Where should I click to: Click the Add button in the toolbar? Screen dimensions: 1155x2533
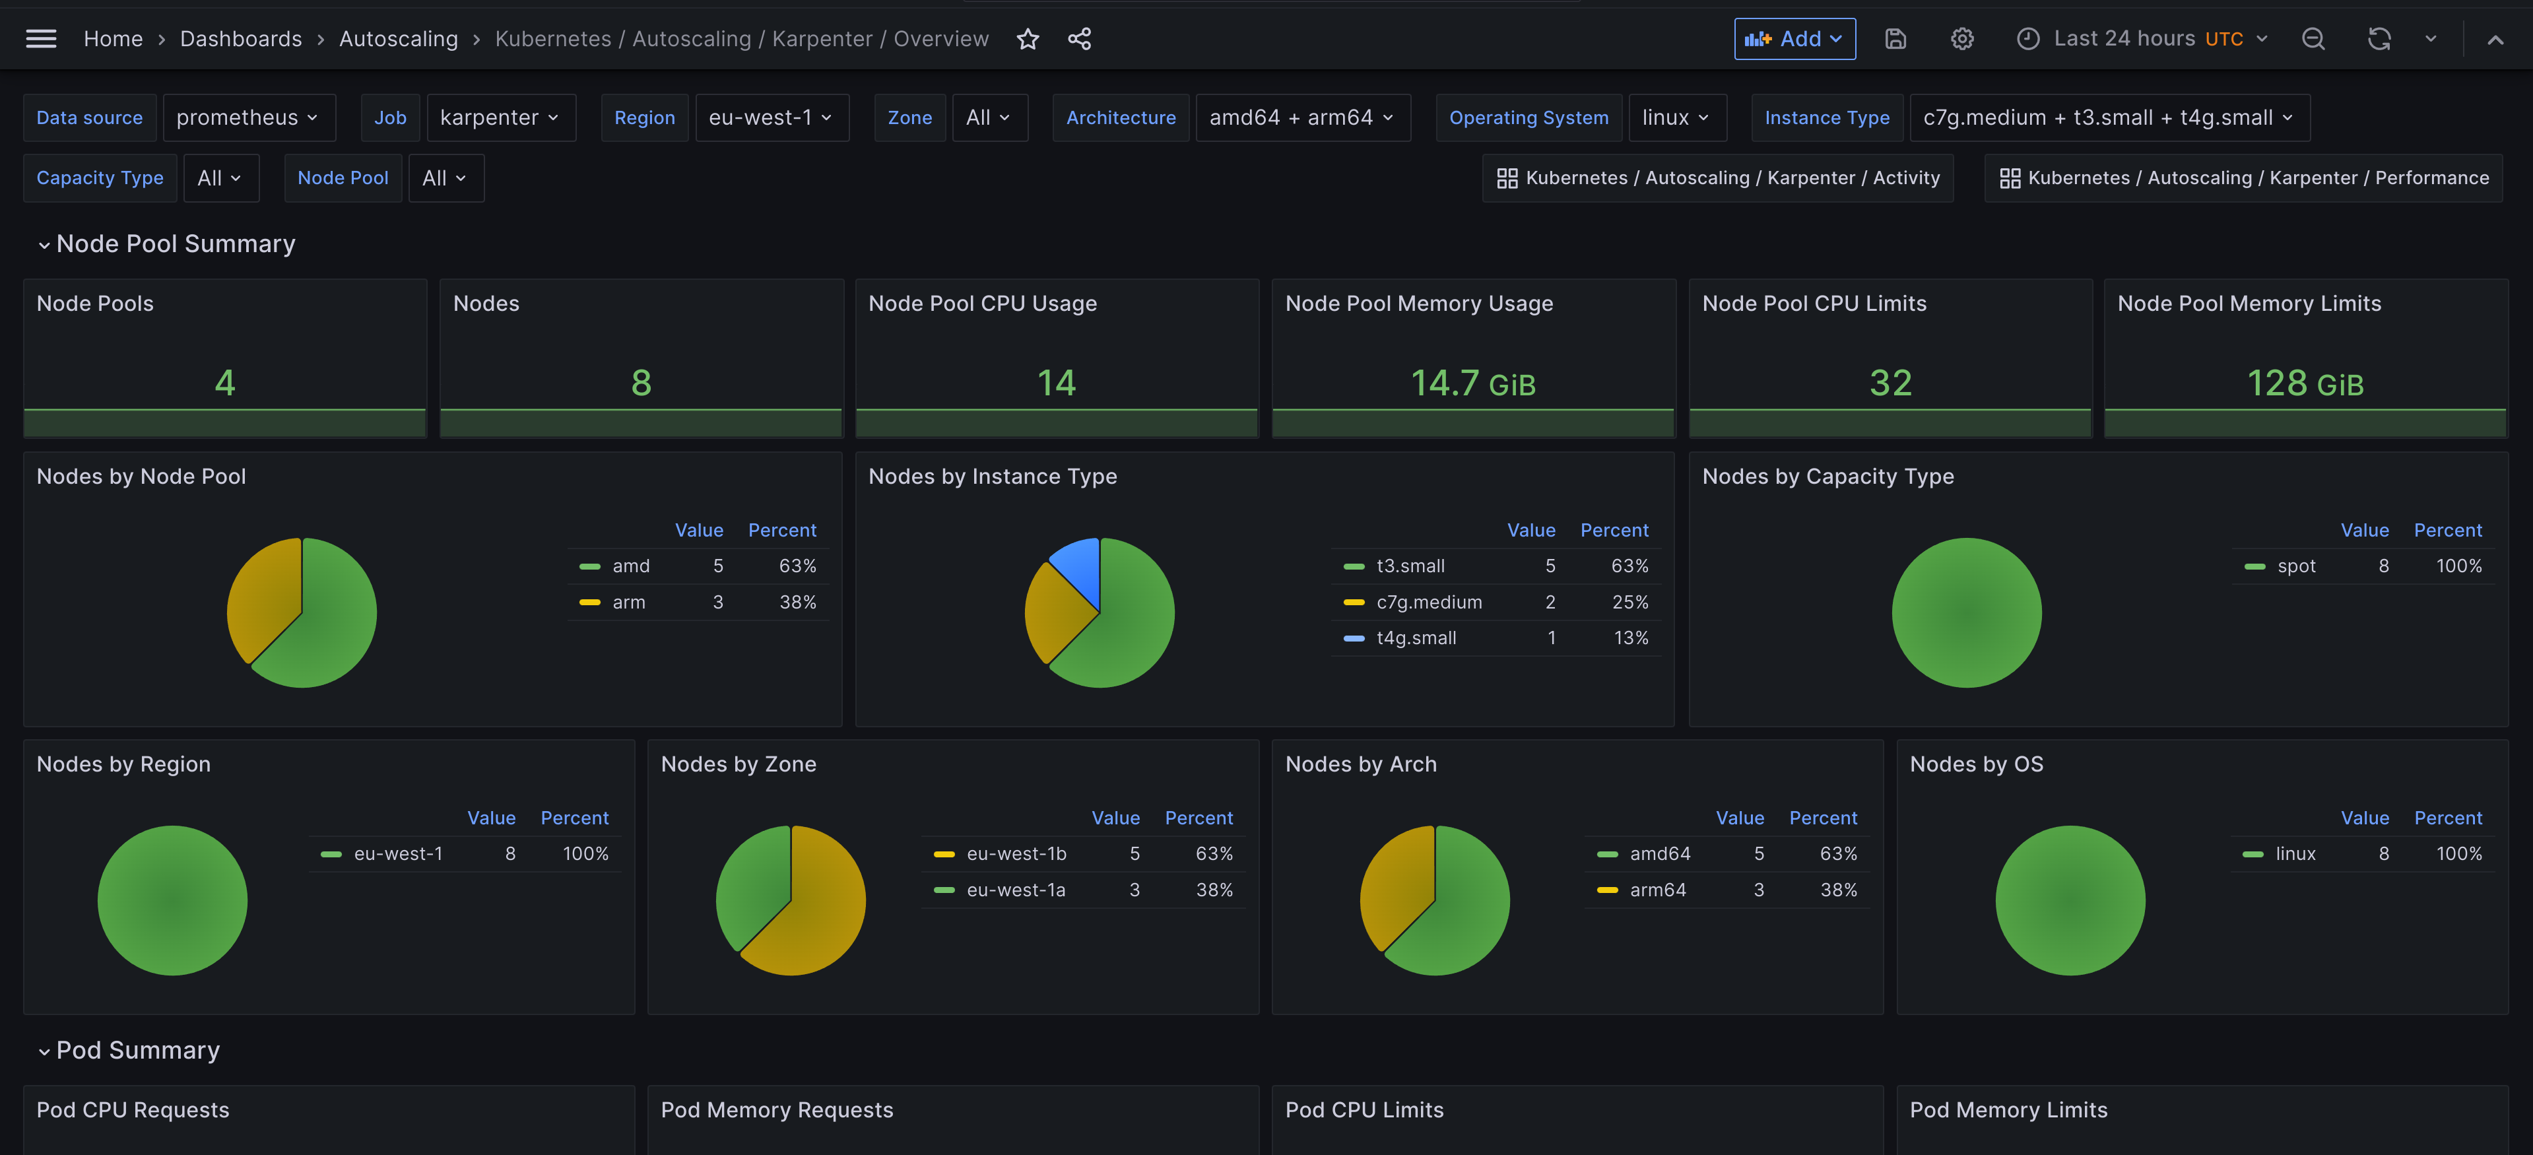(1794, 38)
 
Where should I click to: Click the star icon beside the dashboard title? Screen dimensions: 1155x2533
(1028, 38)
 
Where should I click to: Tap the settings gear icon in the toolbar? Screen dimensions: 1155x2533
(1961, 38)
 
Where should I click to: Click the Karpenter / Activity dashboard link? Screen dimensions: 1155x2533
(1718, 178)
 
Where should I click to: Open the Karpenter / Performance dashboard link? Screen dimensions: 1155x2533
(2244, 178)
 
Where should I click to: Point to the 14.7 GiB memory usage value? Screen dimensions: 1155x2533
(1472, 382)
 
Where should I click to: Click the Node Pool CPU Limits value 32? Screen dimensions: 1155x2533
(1890, 382)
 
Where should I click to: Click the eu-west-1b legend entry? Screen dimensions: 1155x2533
(1016, 853)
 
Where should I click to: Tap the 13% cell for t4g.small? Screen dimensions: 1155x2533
(1630, 638)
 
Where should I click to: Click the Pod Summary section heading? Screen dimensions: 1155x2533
(138, 1050)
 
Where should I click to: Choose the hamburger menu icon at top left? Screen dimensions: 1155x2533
(40, 38)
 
